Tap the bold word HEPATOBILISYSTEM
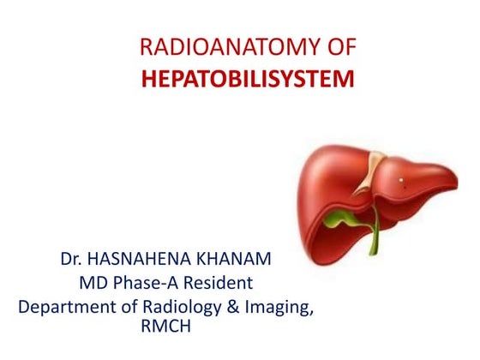pos(247,80)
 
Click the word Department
pos(65,306)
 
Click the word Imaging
pos(277,306)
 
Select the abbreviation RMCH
pos(169,327)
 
